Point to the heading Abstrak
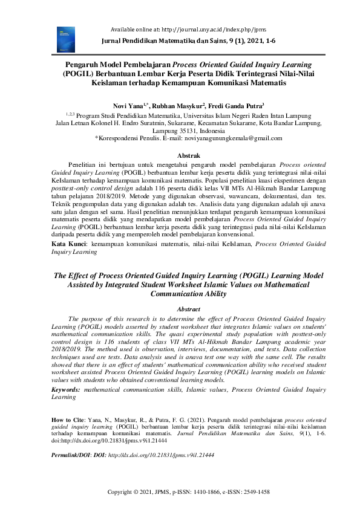[180, 155]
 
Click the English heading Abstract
[180, 309]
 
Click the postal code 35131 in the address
[189, 130]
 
